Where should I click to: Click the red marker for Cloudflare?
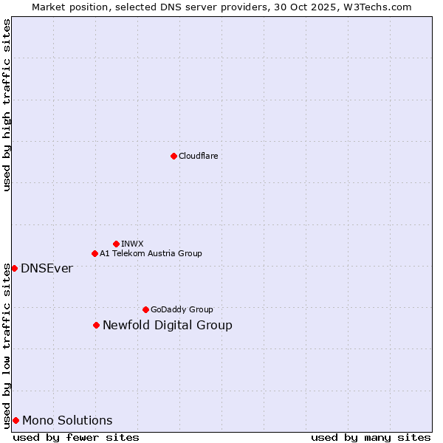[174, 156]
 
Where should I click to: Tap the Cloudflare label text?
[198, 156]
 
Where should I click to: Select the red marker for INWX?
[116, 244]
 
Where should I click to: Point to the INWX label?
[132, 244]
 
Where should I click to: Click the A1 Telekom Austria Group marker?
[95, 253]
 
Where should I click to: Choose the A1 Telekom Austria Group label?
[151, 253]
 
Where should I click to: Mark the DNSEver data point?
[14, 268]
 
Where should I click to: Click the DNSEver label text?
[47, 268]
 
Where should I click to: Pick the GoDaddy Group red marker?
[145, 309]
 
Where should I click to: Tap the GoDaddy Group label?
[182, 309]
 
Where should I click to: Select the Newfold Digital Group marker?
[96, 325]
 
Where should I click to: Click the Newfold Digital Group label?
[168, 325]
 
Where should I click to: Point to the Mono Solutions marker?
[16, 420]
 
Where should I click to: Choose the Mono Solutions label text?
[67, 420]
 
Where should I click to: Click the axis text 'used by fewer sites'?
[76, 437]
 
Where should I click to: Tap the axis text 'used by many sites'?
[371, 437]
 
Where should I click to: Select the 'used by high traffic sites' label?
[7, 106]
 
